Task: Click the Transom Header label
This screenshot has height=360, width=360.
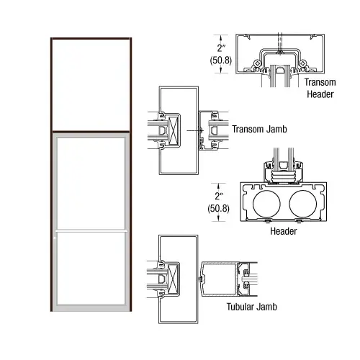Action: (320, 89)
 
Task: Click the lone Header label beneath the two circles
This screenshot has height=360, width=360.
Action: (284, 231)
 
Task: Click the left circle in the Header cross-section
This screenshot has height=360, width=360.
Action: (267, 202)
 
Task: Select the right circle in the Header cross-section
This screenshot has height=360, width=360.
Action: (302, 202)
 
